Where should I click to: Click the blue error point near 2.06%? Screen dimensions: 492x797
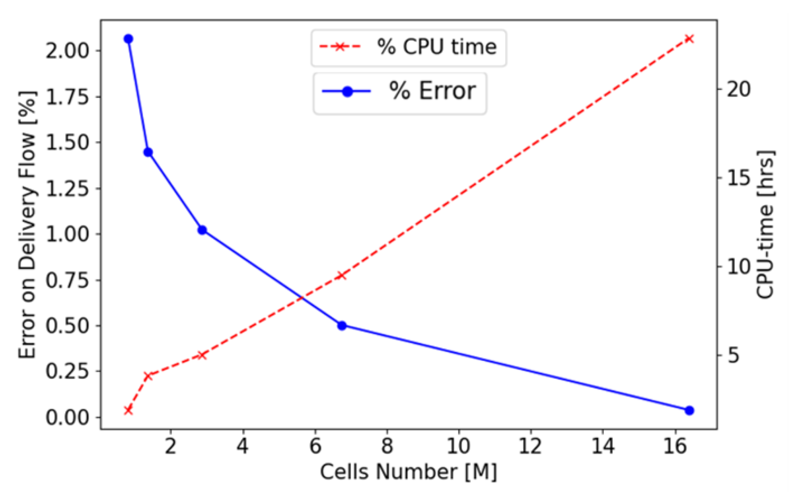128,39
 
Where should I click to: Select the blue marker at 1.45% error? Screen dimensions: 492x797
148,152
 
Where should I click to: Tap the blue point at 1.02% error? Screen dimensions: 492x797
202,230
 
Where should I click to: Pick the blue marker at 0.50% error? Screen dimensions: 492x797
342,325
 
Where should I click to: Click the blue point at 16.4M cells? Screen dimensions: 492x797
689,410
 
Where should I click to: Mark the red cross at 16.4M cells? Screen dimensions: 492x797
689,39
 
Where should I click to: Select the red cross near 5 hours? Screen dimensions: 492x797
202,355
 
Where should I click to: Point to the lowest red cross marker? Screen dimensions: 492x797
128,410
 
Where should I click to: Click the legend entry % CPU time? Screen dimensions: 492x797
409,48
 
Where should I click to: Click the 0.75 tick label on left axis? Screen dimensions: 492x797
67,280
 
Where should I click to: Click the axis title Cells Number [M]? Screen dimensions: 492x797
409,472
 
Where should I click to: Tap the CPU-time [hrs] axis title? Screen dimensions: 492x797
765,225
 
